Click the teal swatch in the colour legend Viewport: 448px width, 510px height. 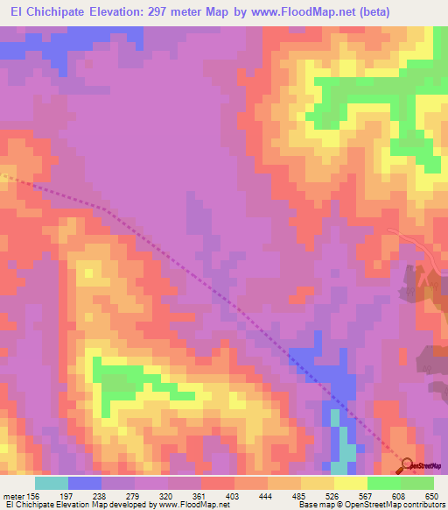pyautogui.click(x=52, y=483)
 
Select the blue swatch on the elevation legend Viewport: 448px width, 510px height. pyautogui.click(x=84, y=483)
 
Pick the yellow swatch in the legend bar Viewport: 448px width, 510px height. pyautogui.click(x=351, y=483)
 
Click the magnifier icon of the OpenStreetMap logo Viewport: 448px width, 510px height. pyautogui.click(x=407, y=465)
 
